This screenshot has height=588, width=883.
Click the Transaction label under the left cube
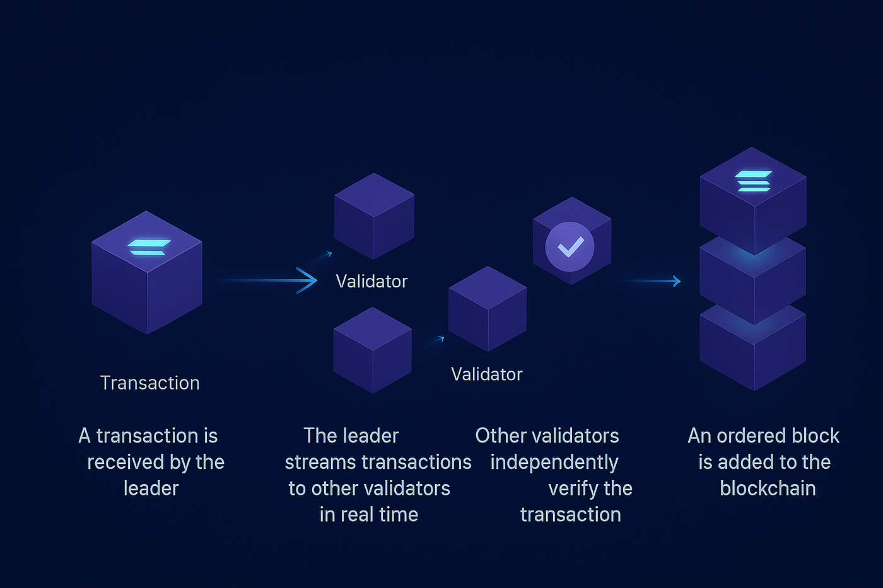pos(149,383)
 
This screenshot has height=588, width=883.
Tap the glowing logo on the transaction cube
pos(149,247)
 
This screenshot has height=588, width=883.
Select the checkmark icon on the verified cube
pos(570,246)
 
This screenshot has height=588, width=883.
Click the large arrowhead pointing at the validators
pos(307,280)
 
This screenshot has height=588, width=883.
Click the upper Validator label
pos(371,281)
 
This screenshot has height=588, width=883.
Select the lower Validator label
pos(486,374)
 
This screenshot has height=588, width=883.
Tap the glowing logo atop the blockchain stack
pos(753,180)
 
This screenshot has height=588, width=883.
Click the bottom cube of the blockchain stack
pos(752,350)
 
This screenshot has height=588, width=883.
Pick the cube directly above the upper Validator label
pos(374,216)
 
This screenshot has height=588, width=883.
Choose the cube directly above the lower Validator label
pos(487,309)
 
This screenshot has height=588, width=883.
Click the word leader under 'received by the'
pos(151,488)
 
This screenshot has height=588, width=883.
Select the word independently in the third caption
pos(554,463)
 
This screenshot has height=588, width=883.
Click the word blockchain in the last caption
pos(768,488)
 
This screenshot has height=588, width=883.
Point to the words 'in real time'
pos(368,515)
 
